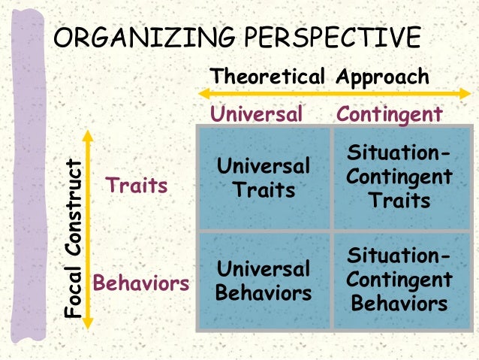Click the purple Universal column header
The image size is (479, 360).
(x=256, y=114)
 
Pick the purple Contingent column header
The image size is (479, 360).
(x=390, y=114)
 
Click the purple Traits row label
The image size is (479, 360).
(x=137, y=185)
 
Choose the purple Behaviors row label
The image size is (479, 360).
(x=140, y=284)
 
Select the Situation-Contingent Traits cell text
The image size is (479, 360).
(x=400, y=177)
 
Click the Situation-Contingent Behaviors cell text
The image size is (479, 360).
(x=400, y=280)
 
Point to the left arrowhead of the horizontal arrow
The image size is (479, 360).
(x=203, y=94)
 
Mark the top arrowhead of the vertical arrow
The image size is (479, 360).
(x=88, y=135)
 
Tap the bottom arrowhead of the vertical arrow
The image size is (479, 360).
(x=88, y=325)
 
